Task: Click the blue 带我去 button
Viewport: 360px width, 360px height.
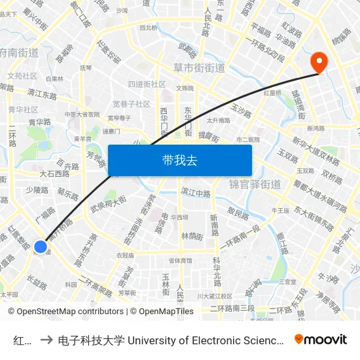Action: pyautogui.click(x=179, y=160)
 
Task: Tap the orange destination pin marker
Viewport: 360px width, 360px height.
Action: pyautogui.click(x=319, y=63)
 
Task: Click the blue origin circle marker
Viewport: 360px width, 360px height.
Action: pyautogui.click(x=41, y=247)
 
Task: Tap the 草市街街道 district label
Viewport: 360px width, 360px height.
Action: pyautogui.click(x=199, y=68)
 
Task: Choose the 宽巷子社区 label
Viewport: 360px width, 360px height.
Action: pyautogui.click(x=131, y=104)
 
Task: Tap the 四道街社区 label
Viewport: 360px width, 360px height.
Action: pyautogui.click(x=147, y=84)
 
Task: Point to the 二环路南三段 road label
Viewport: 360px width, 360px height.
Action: pyautogui.click(x=232, y=308)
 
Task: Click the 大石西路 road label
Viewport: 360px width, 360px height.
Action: pyautogui.click(x=54, y=174)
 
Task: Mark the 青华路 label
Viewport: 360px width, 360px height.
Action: pyautogui.click(x=40, y=122)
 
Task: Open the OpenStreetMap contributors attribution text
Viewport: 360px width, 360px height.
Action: pyautogui.click(x=67, y=312)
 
